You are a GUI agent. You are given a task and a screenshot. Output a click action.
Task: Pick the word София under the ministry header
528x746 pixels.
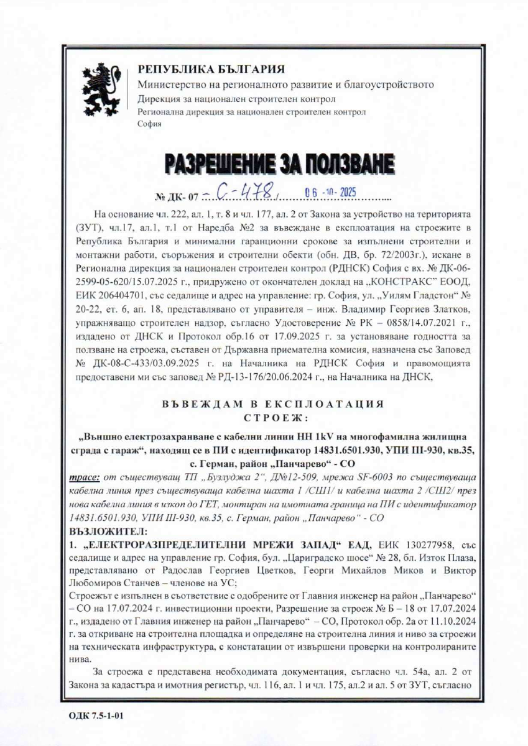pos(149,124)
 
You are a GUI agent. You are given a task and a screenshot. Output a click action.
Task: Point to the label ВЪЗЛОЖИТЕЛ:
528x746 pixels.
pos(103,532)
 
